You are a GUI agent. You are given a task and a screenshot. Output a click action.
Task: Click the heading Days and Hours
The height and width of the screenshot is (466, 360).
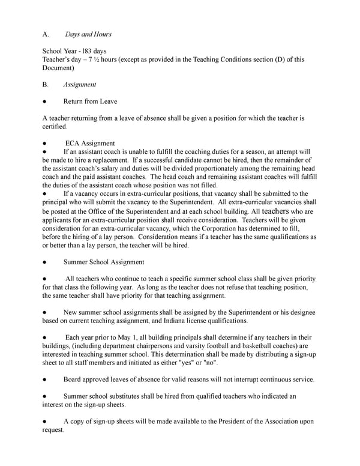(88, 34)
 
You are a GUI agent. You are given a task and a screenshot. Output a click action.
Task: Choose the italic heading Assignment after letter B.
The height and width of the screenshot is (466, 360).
(79, 85)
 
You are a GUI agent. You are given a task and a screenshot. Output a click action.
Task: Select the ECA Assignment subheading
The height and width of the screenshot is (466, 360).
(90, 144)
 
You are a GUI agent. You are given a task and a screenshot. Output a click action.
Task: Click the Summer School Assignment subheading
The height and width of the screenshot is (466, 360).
(104, 262)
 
